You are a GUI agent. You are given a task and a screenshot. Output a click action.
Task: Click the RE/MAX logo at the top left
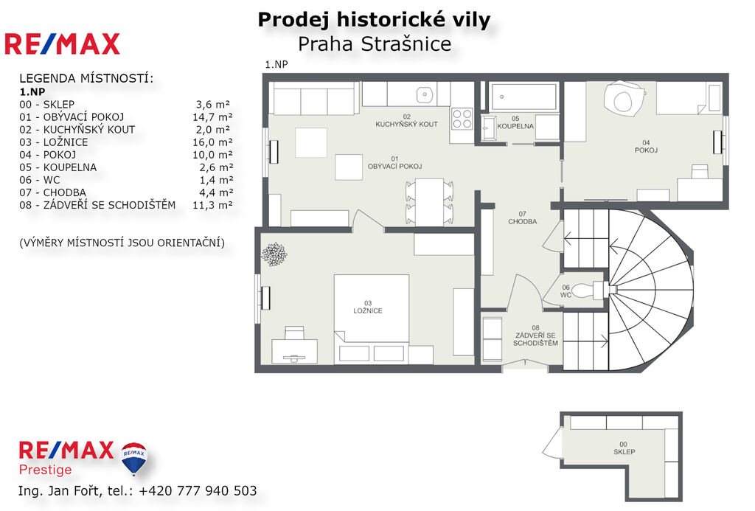tap(62, 44)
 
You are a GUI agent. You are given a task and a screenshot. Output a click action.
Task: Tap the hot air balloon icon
tap(134, 458)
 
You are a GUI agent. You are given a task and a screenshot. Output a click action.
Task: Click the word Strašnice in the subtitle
tap(406, 44)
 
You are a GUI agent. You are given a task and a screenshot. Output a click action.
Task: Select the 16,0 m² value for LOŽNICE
tap(212, 142)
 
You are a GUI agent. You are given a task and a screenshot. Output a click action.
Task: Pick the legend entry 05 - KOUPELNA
tap(58, 167)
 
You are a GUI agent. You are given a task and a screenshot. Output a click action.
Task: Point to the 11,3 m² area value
tap(212, 205)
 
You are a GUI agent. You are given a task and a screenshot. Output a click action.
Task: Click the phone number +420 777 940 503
tap(198, 490)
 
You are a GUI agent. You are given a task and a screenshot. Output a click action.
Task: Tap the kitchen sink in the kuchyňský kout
tap(424, 94)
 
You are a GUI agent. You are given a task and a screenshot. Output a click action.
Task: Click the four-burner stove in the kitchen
tap(462, 119)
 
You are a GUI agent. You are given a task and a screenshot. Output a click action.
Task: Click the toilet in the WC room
tap(588, 290)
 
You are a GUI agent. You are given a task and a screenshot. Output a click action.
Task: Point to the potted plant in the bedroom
tap(274, 254)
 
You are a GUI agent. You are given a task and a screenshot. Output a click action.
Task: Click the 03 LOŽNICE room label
tap(368, 307)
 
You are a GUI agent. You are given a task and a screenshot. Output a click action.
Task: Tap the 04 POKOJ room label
tap(646, 147)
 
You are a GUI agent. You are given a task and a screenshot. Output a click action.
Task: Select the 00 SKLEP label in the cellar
tap(624, 448)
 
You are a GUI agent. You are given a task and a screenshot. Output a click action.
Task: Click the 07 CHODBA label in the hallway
tap(523, 218)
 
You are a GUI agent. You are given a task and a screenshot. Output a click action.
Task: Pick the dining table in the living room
tap(430, 201)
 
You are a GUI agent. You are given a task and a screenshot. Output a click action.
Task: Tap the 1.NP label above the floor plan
tap(276, 65)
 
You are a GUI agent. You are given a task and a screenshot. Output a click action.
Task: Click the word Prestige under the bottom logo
tap(45, 470)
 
